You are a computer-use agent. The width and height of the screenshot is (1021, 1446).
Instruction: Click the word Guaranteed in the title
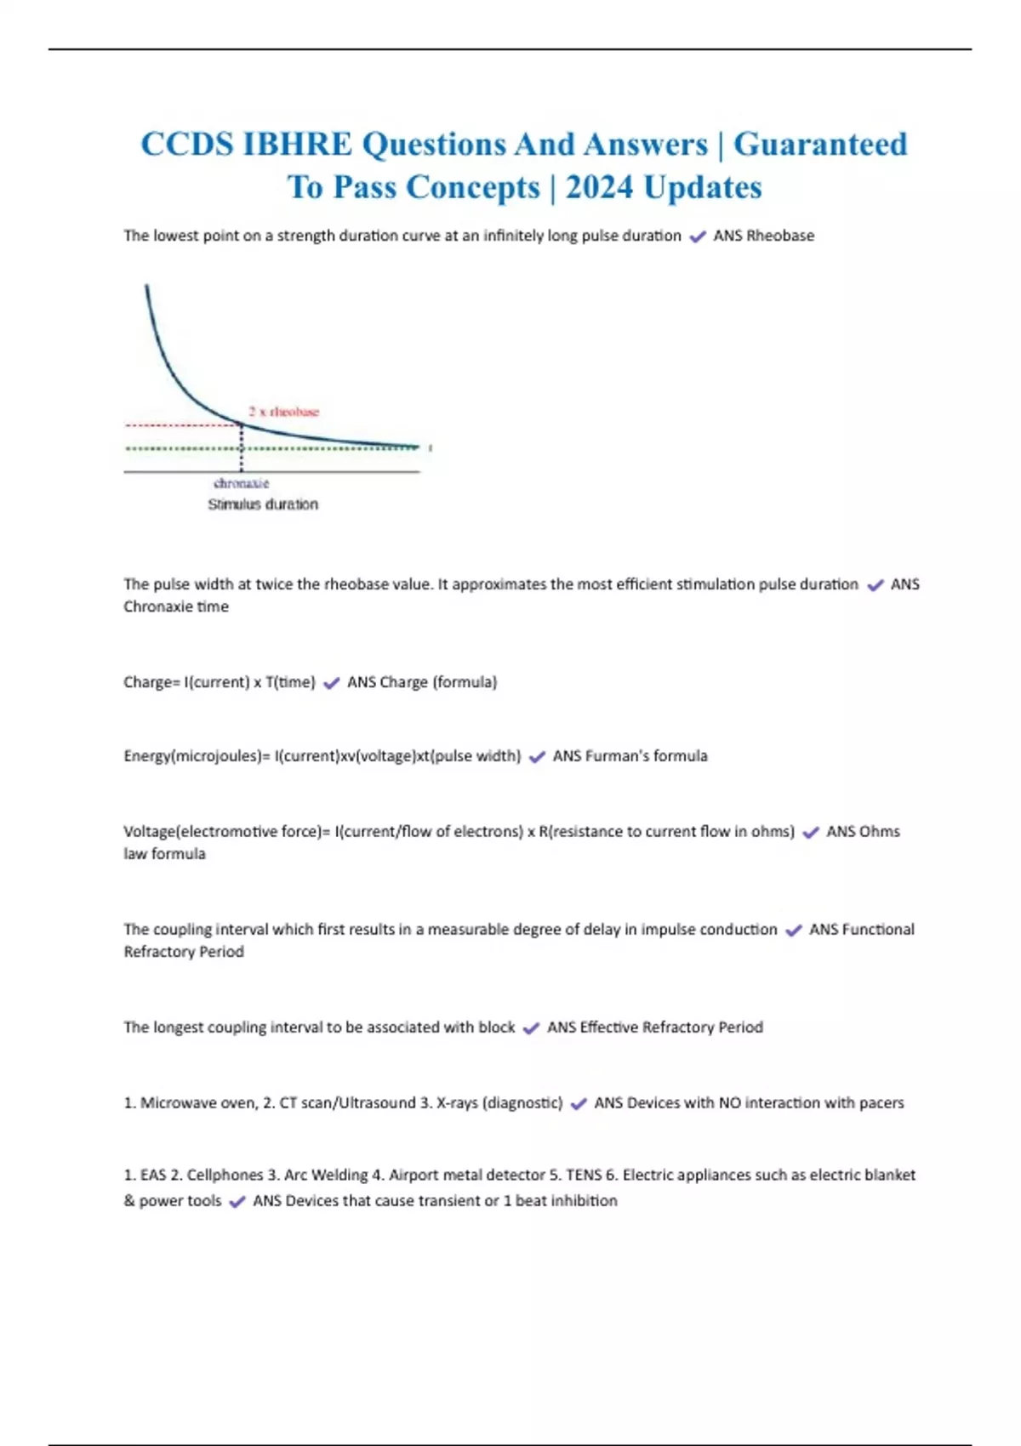(820, 145)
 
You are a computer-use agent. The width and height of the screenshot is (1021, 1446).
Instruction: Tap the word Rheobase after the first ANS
(780, 236)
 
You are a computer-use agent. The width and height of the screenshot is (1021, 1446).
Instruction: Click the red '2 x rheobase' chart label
(284, 412)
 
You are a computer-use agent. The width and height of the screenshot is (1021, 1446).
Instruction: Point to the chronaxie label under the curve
(242, 483)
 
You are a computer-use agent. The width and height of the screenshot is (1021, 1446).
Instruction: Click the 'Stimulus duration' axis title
(263, 504)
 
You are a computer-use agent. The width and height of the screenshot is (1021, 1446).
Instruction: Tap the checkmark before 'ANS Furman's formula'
(537, 757)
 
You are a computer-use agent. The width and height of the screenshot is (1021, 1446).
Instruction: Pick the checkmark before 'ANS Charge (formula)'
(332, 683)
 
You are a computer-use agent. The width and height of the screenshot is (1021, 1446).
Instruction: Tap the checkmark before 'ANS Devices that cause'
(237, 1202)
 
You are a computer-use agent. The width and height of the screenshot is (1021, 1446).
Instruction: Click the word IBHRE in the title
(297, 145)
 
